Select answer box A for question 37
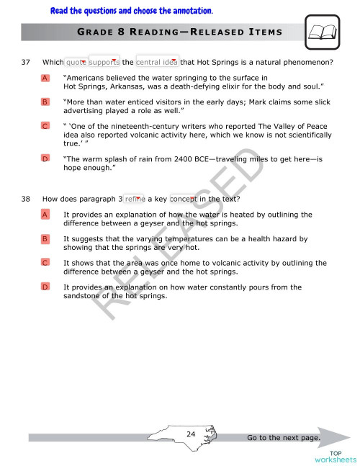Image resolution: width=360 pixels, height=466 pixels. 45,78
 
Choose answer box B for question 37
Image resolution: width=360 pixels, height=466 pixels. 45,102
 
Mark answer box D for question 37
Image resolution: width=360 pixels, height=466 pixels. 45,158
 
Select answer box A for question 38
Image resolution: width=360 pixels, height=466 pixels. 45,215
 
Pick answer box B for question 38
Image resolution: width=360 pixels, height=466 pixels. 45,238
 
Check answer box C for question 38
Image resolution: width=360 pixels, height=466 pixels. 45,263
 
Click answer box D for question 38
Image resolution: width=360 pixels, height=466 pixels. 45,287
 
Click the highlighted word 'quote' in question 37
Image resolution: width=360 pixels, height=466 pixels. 76,62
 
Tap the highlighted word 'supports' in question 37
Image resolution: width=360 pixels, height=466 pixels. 104,62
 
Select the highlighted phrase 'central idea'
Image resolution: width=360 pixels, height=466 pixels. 157,62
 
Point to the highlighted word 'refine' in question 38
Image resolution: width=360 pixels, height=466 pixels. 135,199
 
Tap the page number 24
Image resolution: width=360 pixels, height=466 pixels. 191,434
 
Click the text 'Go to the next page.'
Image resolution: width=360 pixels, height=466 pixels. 282,437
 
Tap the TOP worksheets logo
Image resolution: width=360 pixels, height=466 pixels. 335,455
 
